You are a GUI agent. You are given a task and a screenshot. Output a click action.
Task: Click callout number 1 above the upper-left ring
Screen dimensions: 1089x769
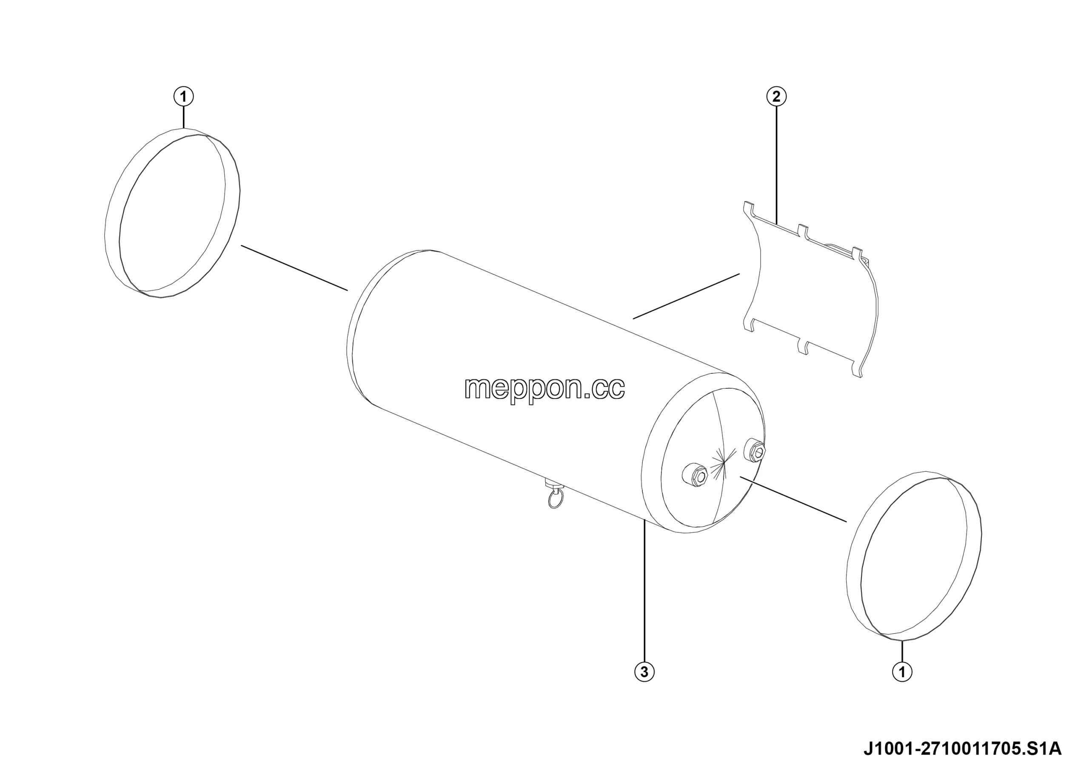point(183,97)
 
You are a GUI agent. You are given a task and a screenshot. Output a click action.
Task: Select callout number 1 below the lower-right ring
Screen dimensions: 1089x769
point(902,672)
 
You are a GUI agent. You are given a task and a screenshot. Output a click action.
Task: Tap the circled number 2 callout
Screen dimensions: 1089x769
point(776,97)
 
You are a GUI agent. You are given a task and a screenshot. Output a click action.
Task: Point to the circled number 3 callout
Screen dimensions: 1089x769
point(644,672)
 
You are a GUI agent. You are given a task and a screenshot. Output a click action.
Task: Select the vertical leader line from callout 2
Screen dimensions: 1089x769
point(776,165)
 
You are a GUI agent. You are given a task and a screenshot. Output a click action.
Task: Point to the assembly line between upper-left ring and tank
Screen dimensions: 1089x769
point(294,268)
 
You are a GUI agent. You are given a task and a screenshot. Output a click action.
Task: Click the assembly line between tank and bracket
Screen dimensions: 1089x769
point(686,296)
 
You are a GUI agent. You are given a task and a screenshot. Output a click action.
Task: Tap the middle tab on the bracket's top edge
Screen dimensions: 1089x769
point(803,231)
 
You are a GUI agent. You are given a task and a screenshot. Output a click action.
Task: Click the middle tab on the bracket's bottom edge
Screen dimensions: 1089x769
point(803,346)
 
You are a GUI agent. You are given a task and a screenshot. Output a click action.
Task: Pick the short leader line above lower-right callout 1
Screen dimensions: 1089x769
point(902,652)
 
